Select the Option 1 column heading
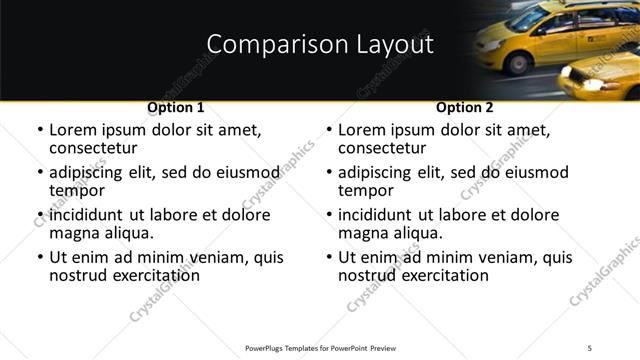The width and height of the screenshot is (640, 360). (176, 107)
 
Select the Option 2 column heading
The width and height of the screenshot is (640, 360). (465, 107)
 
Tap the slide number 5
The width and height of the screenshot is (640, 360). (590, 347)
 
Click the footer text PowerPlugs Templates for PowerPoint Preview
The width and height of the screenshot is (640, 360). (319, 347)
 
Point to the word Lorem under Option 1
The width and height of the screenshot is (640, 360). (73, 130)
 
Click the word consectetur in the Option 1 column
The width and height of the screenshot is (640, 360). (93, 148)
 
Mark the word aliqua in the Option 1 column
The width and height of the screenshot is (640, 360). (127, 234)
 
